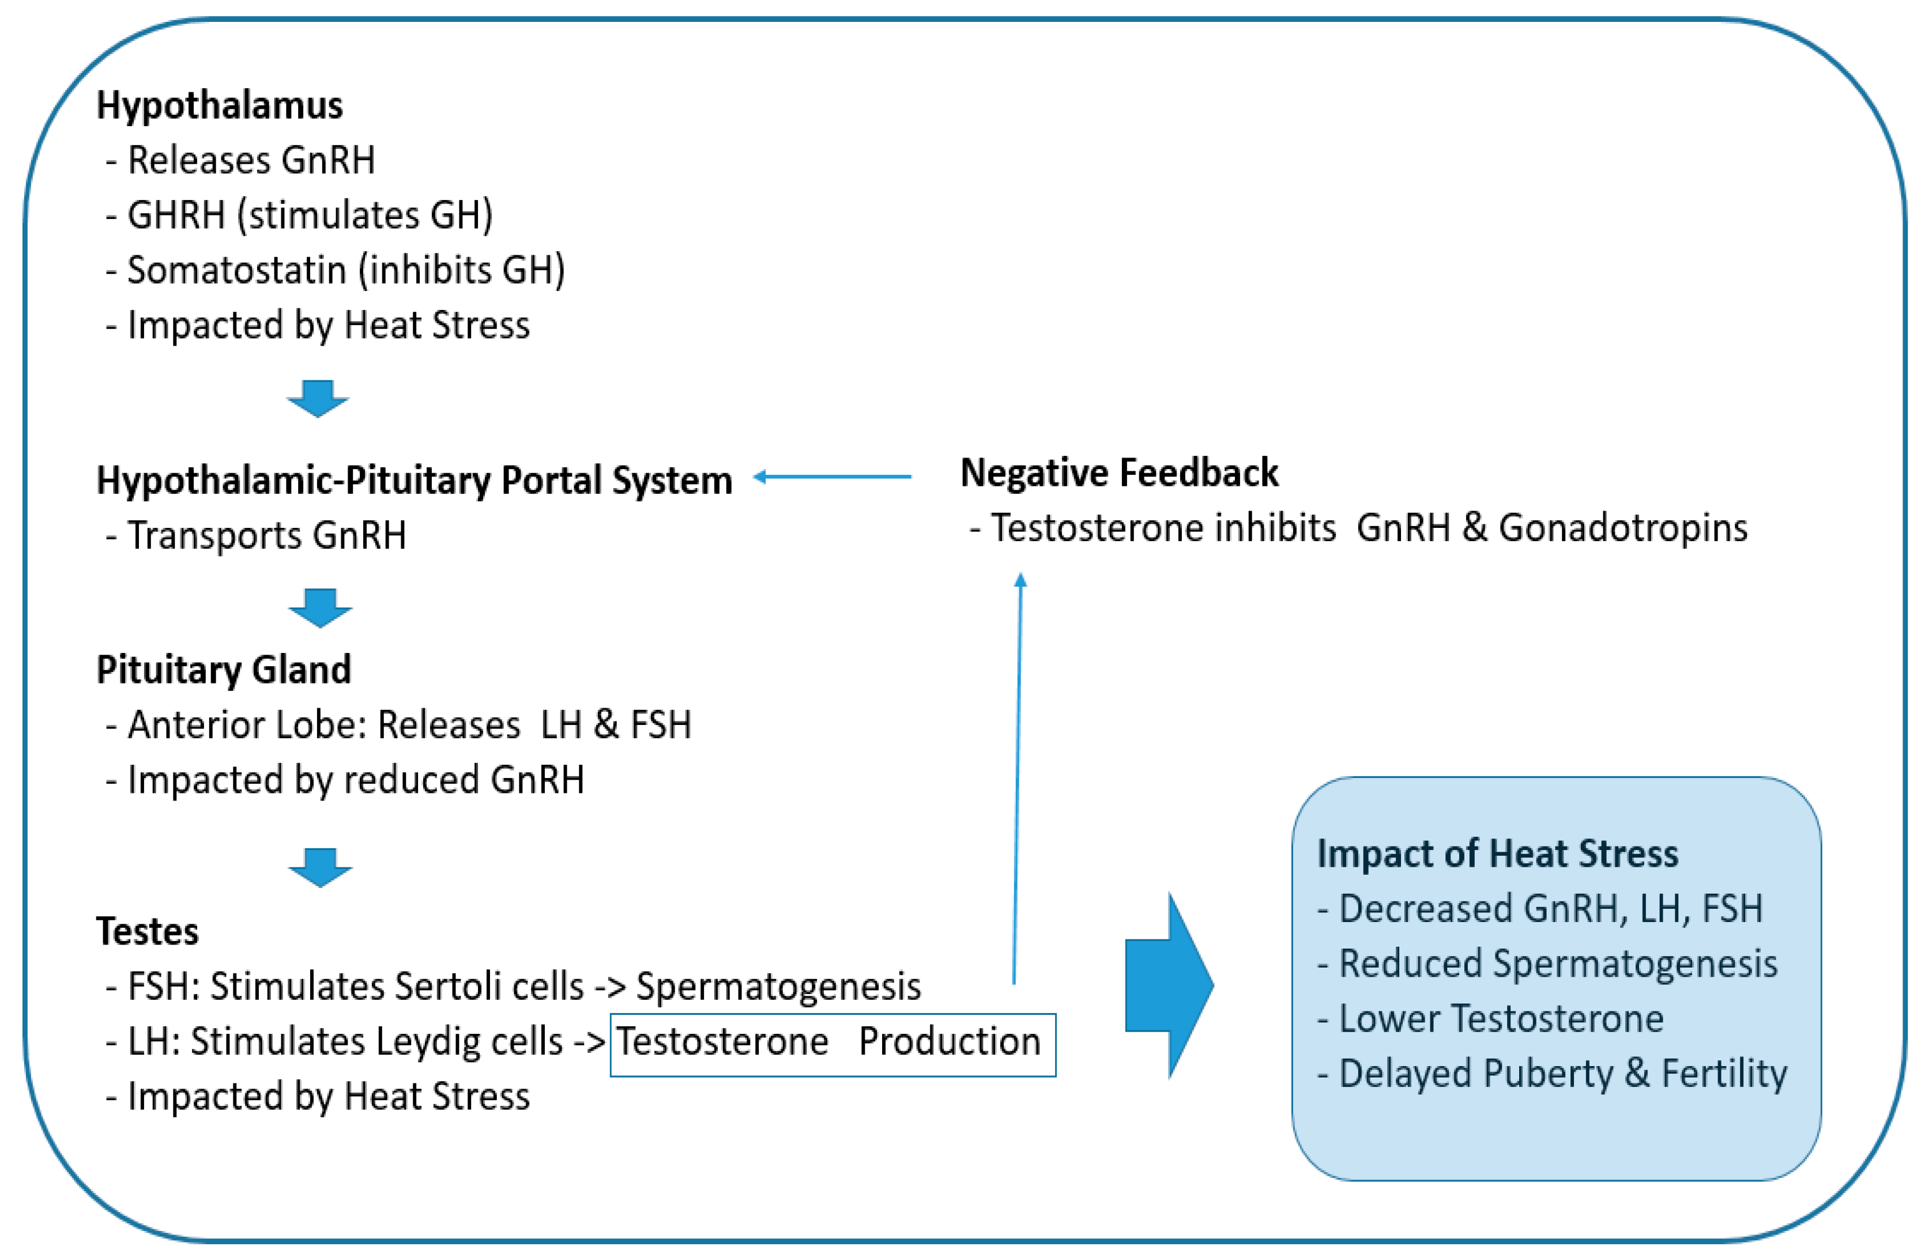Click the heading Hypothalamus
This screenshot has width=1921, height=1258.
click(220, 105)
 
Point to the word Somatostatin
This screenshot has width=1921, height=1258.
click(236, 270)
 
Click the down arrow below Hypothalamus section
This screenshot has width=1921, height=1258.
click(318, 398)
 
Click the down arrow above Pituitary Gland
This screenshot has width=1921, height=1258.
click(321, 607)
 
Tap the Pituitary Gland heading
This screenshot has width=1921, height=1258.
click(224, 670)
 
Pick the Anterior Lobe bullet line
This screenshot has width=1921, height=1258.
click(409, 724)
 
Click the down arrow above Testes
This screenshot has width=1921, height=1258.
click(321, 867)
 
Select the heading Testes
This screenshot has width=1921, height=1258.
click(148, 931)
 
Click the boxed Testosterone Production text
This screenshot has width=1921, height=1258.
click(831, 1042)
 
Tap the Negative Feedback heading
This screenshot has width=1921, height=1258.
click(1118, 474)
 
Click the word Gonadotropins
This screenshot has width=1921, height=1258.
click(1622, 528)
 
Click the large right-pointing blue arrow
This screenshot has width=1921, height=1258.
click(1169, 985)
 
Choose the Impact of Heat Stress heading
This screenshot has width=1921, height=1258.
click(1497, 853)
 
